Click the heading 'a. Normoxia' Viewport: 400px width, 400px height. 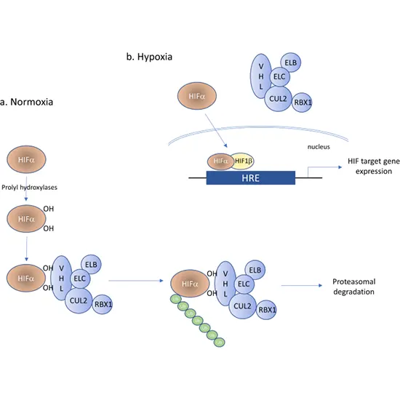pyautogui.click(x=27, y=103)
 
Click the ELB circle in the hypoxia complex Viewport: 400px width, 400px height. pyautogui.click(x=289, y=63)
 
